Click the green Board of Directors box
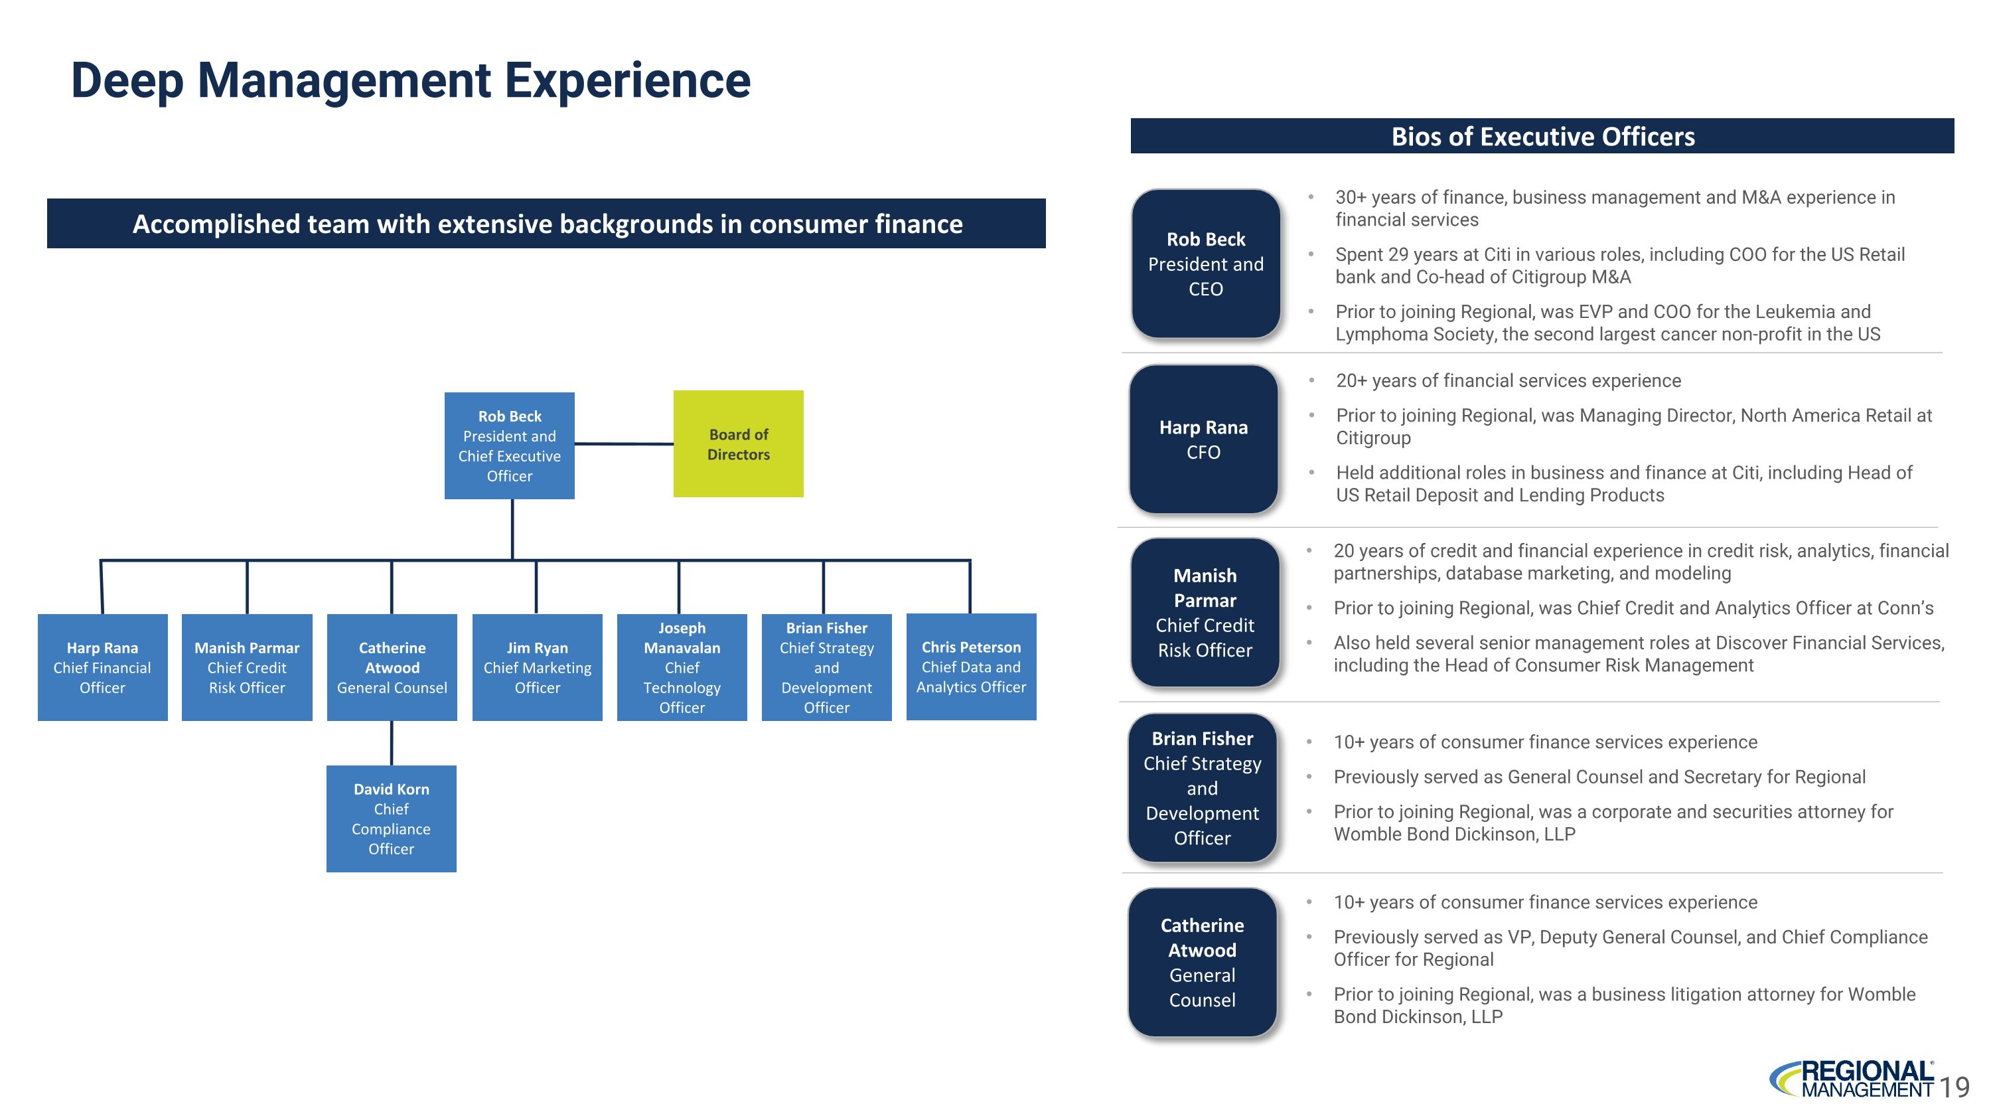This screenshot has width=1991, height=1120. coord(738,443)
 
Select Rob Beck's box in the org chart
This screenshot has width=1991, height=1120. coord(509,445)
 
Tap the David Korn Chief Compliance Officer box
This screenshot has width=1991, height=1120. coord(391,819)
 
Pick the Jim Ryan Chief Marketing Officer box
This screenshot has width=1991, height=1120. coord(537,667)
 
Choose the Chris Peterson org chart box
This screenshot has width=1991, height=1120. coord(971,667)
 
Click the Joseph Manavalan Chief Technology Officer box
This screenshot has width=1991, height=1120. coord(682,667)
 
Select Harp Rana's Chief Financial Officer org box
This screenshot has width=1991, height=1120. coord(102,667)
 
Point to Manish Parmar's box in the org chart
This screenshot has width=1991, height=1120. coord(247,667)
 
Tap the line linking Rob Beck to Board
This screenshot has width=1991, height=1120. coord(624,443)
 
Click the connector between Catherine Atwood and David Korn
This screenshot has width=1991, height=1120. coord(392,743)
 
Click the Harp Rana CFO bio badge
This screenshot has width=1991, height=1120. coord(1203,439)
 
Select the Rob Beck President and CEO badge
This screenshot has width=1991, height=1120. coord(1206,264)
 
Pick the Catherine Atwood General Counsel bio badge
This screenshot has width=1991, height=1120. coord(1202,962)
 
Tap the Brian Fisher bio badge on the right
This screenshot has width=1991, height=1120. coord(1202,787)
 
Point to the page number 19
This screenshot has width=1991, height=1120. coord(1954,1087)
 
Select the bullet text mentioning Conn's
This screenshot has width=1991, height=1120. coord(1633,608)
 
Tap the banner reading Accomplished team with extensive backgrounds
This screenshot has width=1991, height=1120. coord(546,223)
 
